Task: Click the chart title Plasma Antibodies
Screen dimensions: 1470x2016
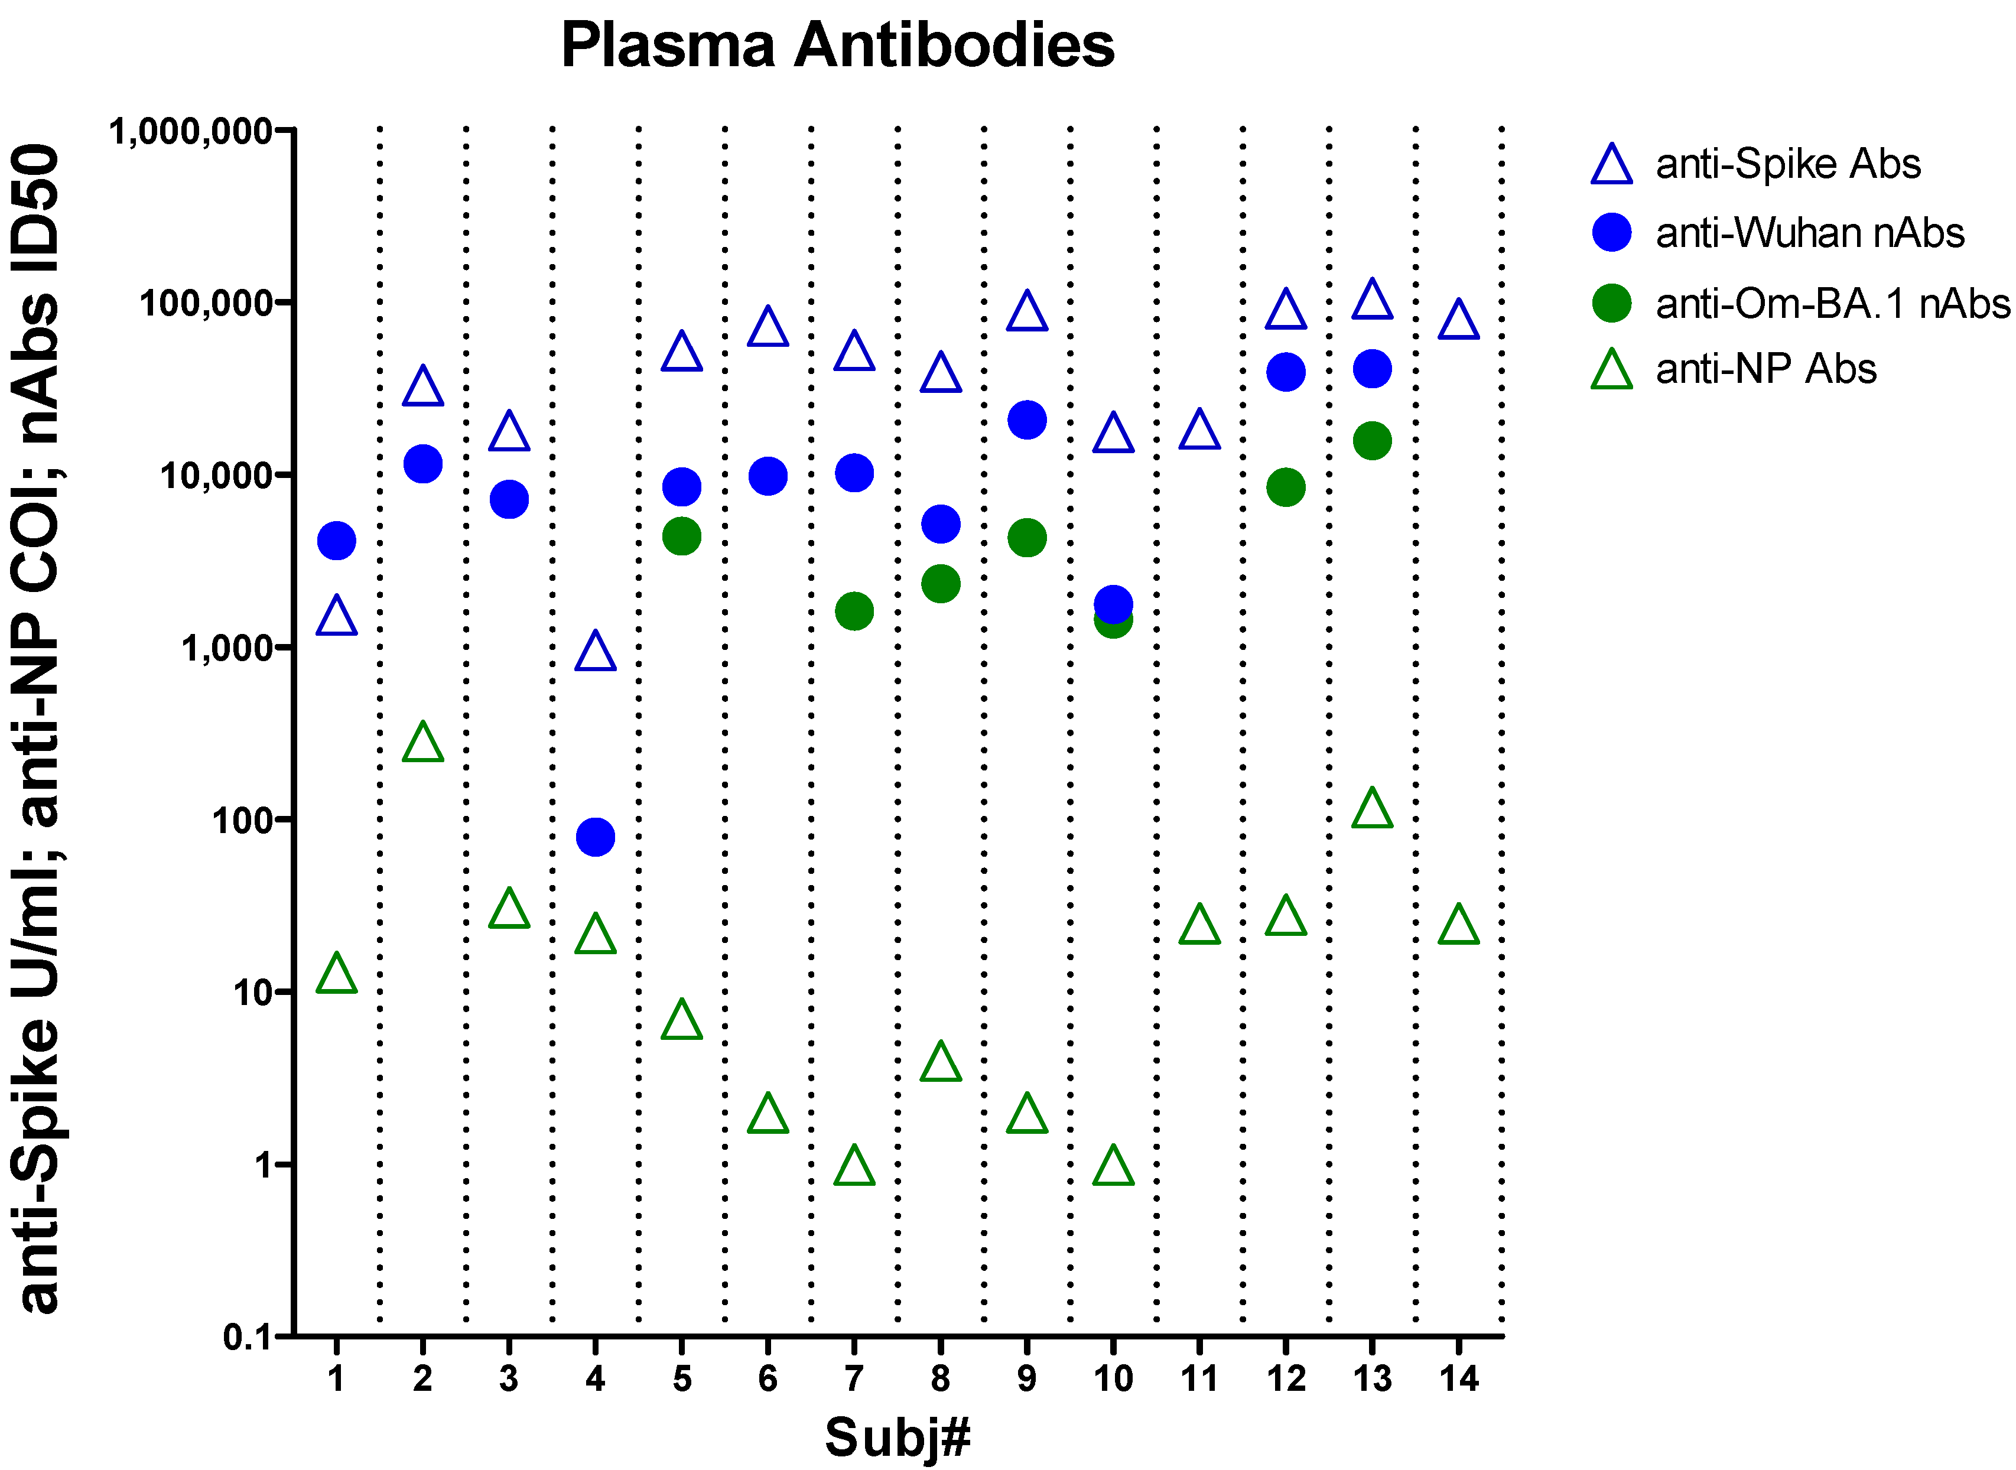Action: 837,45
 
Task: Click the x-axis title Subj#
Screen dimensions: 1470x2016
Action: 897,1437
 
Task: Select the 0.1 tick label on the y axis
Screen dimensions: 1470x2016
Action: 246,1336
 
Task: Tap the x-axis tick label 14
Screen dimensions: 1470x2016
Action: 1458,1379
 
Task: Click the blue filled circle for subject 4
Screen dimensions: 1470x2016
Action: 595,837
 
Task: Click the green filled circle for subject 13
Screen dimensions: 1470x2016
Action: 1372,440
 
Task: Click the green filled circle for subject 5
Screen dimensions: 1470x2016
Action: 681,536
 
